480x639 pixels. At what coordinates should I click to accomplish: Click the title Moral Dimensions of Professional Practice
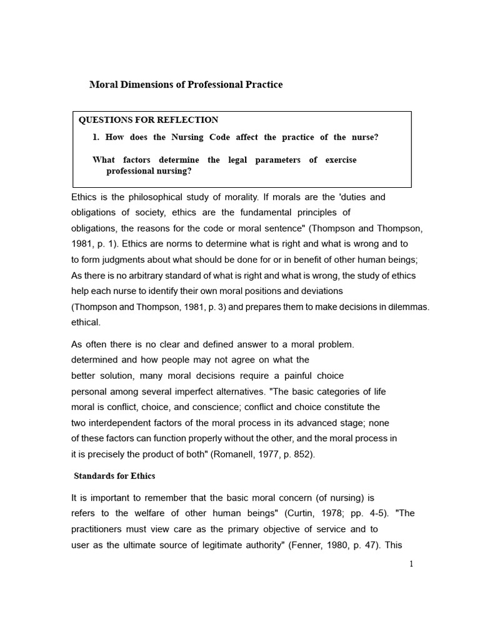point(186,84)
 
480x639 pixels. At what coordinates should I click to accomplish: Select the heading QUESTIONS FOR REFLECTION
point(148,120)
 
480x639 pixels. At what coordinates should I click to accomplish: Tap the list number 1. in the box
point(97,137)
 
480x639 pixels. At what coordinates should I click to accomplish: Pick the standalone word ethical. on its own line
point(86,323)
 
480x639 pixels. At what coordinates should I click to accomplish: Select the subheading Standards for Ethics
point(114,476)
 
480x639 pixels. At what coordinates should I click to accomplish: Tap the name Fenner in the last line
point(306,545)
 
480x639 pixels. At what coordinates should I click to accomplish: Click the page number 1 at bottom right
point(411,563)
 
